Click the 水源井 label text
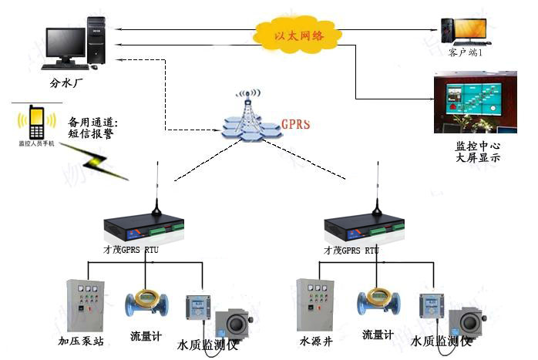point(314,339)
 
